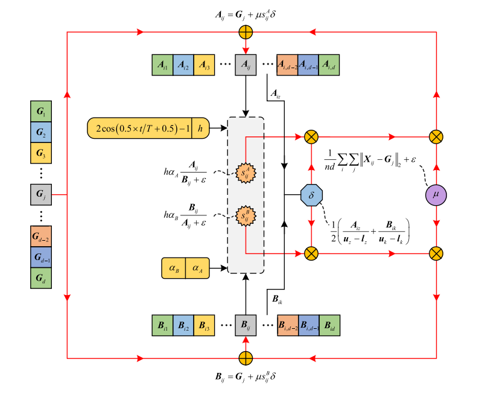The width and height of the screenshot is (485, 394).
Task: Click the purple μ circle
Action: tap(436, 195)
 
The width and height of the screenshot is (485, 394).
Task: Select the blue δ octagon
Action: tap(311, 195)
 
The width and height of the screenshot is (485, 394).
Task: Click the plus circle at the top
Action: tap(246, 32)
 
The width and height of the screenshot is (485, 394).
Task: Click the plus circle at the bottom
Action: tap(246, 358)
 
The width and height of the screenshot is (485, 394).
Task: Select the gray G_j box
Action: tap(41, 195)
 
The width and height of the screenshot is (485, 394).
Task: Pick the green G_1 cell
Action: tap(41, 112)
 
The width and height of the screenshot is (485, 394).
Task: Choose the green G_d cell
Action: tap(41, 278)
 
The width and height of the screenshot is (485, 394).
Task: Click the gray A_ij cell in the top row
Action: tap(246, 65)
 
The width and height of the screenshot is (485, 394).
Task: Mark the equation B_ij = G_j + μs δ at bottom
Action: tap(245, 377)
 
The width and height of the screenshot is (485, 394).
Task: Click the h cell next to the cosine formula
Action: tap(200, 128)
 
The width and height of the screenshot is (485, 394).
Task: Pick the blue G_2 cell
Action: tap(41, 133)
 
